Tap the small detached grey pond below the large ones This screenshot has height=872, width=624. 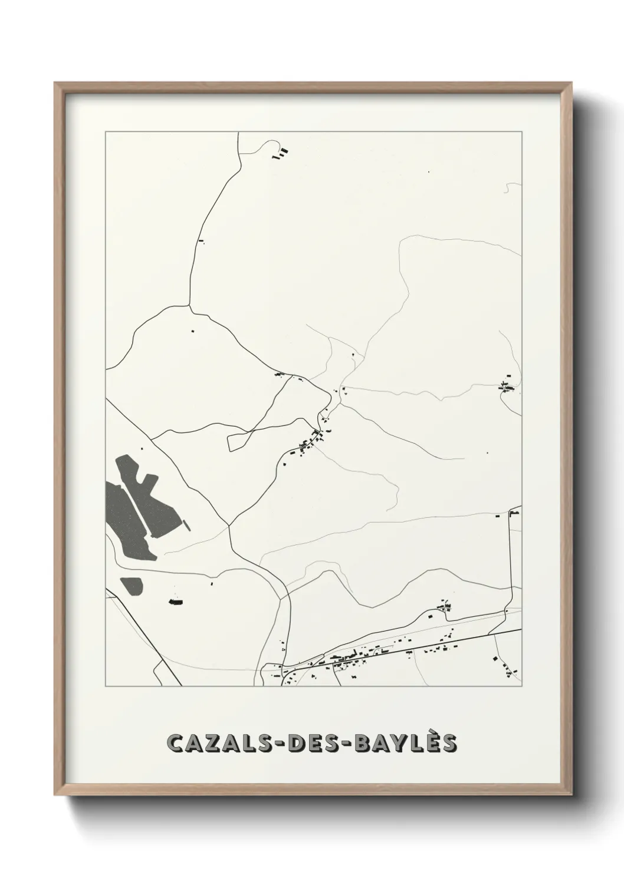pyautogui.click(x=132, y=586)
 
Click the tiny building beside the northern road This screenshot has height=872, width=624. pyautogui.click(x=201, y=240)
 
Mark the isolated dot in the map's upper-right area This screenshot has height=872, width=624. pyautogui.click(x=429, y=171)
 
